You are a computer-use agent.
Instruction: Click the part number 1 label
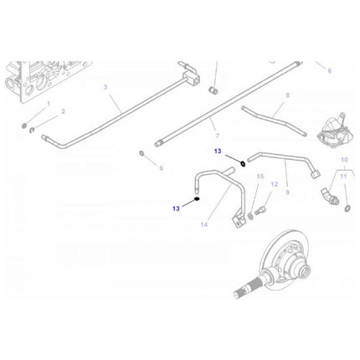[x=49, y=103]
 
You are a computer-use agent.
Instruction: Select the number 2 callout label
[x=62, y=111]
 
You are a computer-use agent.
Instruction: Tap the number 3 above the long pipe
[x=105, y=86]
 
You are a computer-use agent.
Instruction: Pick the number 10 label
[x=343, y=159]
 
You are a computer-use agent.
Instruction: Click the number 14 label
[x=203, y=225]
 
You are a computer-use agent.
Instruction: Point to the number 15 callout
[x=260, y=177]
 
